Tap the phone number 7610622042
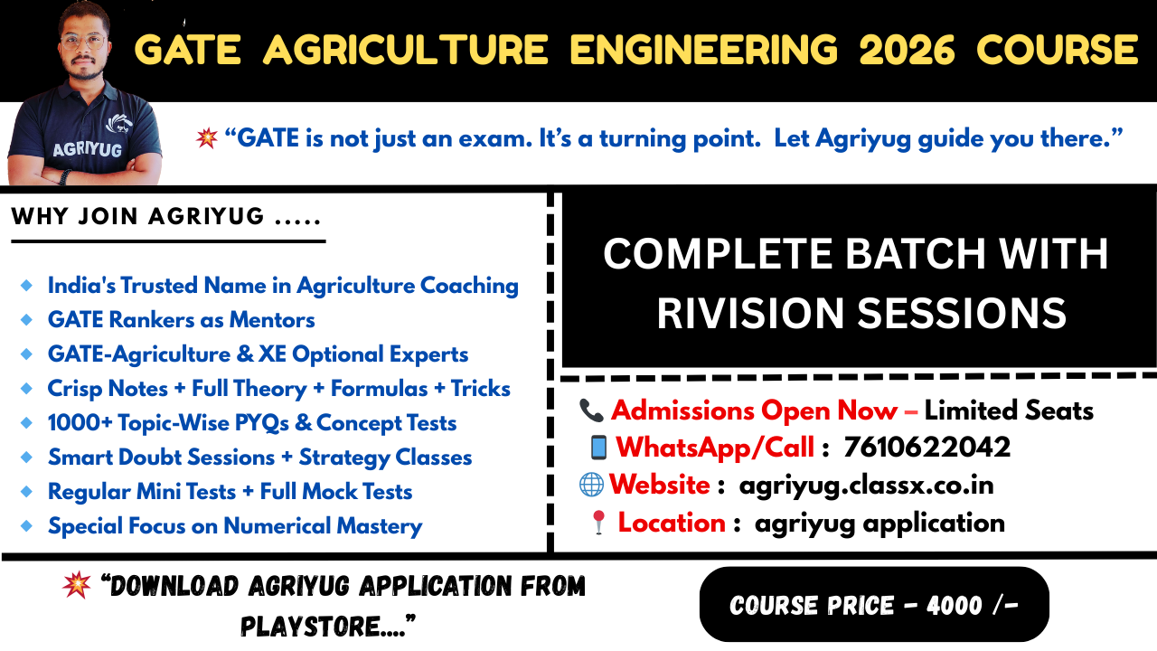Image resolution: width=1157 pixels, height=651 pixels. [x=927, y=447]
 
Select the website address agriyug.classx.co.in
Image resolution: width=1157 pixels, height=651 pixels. [x=866, y=485]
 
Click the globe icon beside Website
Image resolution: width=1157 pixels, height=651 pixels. [x=591, y=485]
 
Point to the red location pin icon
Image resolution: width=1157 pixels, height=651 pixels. [x=598, y=524]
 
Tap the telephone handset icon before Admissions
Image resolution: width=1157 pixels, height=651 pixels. [x=591, y=410]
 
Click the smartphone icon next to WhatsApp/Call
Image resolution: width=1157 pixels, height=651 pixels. [x=598, y=448]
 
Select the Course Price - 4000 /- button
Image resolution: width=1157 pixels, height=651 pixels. [x=874, y=605]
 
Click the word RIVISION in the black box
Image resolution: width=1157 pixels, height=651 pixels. [x=749, y=314]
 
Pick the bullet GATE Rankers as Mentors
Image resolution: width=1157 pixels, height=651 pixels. [x=181, y=320]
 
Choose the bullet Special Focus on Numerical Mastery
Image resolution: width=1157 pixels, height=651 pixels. [x=234, y=526]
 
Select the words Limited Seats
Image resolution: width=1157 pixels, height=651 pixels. [x=1009, y=410]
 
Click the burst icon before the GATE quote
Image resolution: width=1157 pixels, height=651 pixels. [x=207, y=138]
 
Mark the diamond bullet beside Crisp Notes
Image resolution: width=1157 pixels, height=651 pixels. [x=26, y=389]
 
